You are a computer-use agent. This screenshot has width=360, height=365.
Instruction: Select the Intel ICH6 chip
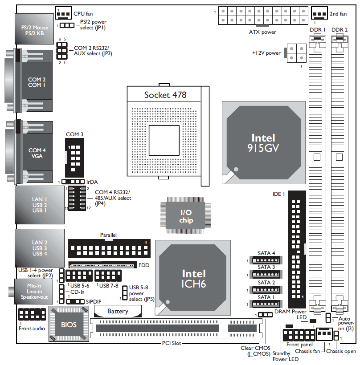(194, 278)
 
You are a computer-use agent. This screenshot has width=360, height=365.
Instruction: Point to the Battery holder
(118, 311)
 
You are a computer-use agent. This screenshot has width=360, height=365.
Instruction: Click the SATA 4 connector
(266, 261)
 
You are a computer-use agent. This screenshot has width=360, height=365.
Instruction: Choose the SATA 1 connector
(266, 304)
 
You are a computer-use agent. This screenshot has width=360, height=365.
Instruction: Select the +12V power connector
(297, 54)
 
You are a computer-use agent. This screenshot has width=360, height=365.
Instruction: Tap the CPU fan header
(64, 12)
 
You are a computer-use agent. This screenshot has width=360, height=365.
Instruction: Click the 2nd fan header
(319, 13)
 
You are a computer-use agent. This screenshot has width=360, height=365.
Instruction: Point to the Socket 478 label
(165, 95)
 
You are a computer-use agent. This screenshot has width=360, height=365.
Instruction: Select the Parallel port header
(109, 247)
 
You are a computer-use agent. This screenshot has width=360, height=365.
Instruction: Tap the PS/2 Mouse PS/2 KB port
(35, 30)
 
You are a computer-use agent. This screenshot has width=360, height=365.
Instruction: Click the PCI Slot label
(171, 343)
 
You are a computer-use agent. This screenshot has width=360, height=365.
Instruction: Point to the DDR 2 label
(340, 29)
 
